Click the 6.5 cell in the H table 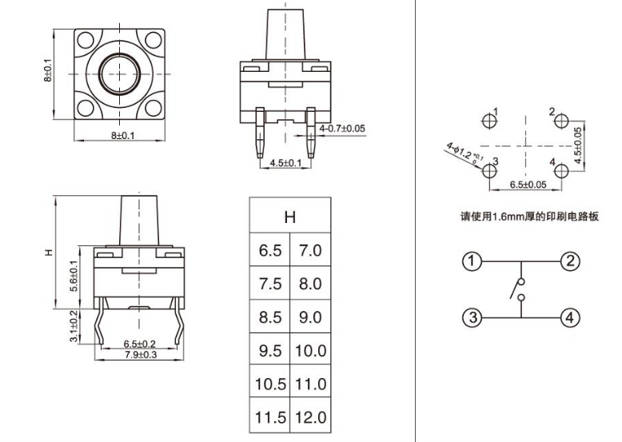point(270,250)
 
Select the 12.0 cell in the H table point(309,417)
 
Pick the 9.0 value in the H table point(309,317)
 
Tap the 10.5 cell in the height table point(270,384)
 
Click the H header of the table point(290,217)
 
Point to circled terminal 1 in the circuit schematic point(472,261)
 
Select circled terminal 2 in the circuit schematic point(570,261)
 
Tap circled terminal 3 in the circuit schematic point(472,318)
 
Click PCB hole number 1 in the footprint point(489,121)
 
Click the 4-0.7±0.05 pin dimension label point(341,128)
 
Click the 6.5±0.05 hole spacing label point(528,185)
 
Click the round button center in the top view point(120,74)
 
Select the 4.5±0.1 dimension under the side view point(285,162)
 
